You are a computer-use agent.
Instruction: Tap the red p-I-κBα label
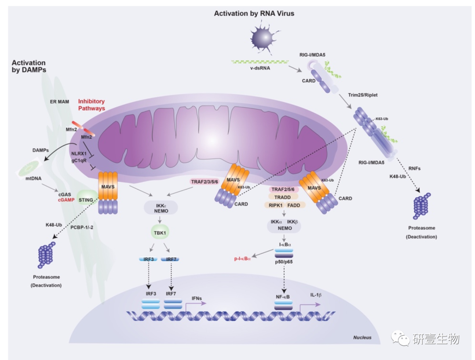click(x=242, y=259)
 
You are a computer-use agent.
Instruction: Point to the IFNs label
click(x=197, y=298)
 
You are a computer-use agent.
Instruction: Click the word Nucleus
click(x=362, y=338)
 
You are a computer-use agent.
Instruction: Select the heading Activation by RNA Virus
click(x=254, y=14)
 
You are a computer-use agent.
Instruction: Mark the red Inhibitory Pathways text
click(x=91, y=105)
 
